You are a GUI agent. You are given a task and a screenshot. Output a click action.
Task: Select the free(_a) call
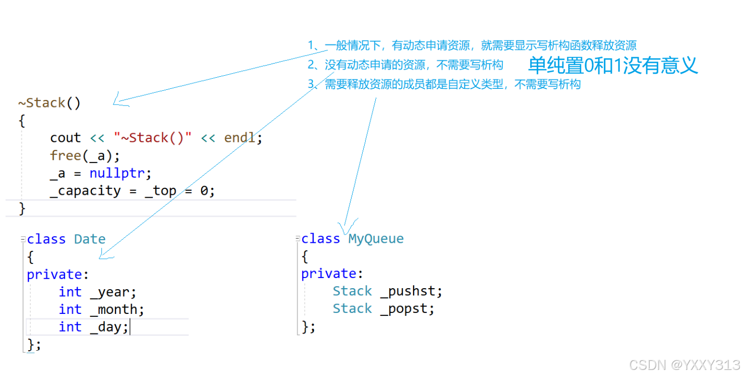point(85,155)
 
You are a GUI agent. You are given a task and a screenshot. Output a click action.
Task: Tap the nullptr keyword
point(120,173)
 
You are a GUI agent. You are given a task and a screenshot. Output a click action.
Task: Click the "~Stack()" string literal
point(153,138)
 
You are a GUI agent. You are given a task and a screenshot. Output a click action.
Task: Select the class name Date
point(90,239)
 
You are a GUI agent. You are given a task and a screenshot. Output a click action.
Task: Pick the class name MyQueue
point(376,238)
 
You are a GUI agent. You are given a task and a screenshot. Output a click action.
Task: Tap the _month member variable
point(116,309)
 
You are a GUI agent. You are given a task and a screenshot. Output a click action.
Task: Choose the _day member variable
point(108,327)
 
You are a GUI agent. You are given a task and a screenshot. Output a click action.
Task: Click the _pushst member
point(411,291)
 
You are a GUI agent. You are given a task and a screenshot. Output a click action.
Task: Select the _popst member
point(407,308)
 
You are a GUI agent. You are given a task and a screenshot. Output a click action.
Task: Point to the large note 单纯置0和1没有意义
point(613,66)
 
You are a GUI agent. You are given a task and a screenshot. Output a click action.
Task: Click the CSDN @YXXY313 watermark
point(685,364)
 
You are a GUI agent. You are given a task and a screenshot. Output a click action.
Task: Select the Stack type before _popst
point(352,308)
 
